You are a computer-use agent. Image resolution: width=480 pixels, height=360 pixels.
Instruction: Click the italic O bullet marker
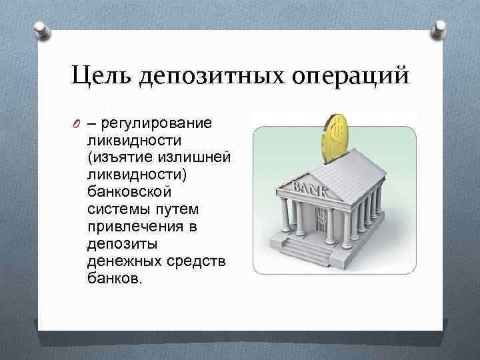(77, 124)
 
